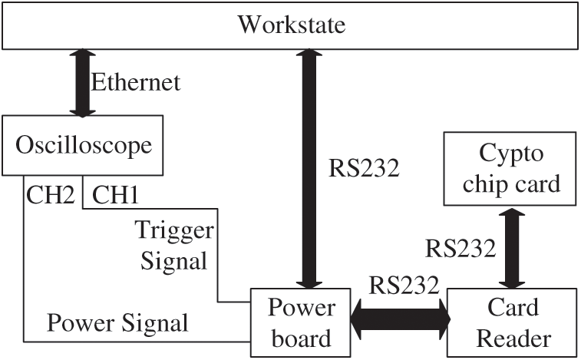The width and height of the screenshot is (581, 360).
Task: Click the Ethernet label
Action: (x=136, y=82)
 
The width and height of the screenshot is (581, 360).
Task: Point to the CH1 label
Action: (x=115, y=195)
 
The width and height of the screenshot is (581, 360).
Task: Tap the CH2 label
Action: (x=51, y=195)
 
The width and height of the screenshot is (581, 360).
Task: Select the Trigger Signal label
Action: (x=174, y=246)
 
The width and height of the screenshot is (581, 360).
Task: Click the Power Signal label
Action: (x=117, y=322)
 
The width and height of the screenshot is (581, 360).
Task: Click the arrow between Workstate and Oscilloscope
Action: (x=83, y=83)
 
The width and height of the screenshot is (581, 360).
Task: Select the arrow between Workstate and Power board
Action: (x=309, y=169)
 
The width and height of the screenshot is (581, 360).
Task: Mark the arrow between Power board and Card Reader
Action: (x=400, y=319)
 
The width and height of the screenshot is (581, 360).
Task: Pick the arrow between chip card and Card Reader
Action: (x=512, y=248)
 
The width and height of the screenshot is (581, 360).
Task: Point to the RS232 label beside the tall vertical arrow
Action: (x=364, y=168)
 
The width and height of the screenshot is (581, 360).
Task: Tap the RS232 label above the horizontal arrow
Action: (x=404, y=285)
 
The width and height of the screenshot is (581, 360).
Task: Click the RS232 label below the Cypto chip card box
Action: (x=461, y=248)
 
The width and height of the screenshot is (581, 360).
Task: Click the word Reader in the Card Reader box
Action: (x=513, y=339)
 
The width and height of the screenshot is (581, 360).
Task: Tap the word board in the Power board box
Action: (x=302, y=339)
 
